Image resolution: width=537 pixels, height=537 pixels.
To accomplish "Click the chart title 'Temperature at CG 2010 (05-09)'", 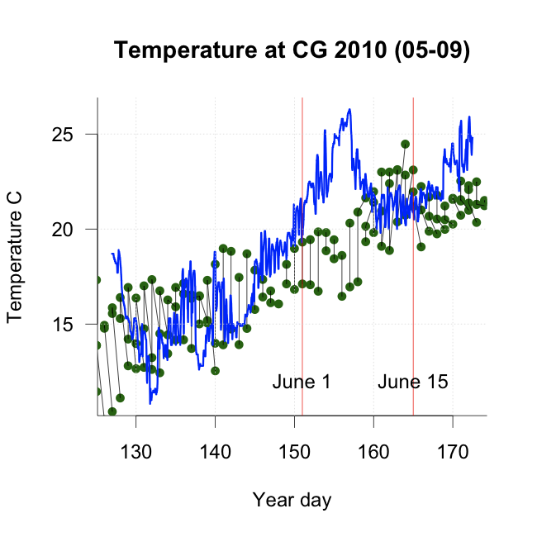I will (x=292, y=50).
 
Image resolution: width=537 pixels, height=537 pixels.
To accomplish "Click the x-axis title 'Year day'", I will (x=292, y=500).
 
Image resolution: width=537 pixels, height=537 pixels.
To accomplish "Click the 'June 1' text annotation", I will (x=301, y=383).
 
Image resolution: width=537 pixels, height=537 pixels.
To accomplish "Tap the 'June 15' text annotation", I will (x=413, y=383).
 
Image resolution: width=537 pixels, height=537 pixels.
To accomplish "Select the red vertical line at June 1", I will (x=302, y=248).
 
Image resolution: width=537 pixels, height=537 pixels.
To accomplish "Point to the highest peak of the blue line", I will (x=349, y=109).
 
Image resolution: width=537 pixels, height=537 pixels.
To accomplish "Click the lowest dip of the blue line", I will (x=150, y=403).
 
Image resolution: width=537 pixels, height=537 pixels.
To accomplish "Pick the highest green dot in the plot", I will (x=405, y=144).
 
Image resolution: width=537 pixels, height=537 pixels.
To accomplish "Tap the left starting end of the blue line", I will (x=112, y=254).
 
